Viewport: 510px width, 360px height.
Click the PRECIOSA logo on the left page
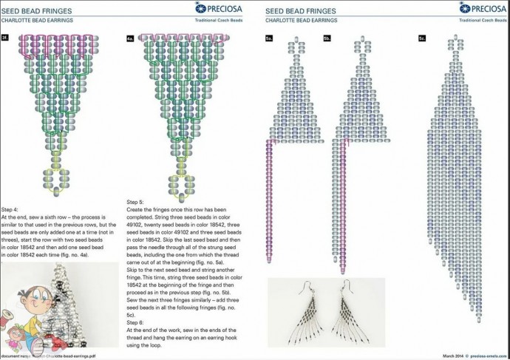click(222, 8)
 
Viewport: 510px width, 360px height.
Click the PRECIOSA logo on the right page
click(481, 8)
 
